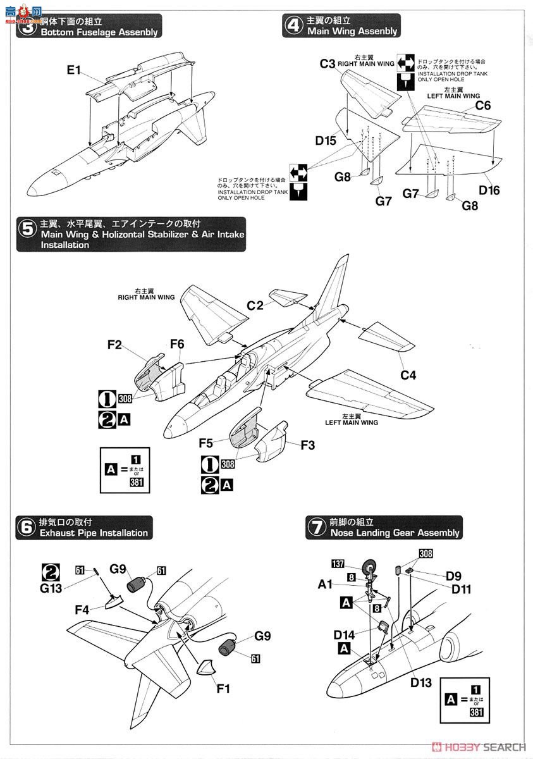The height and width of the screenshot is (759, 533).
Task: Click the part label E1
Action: [x=75, y=70]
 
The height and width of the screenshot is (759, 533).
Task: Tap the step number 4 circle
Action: [x=293, y=25]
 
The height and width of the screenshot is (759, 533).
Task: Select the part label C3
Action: [x=327, y=63]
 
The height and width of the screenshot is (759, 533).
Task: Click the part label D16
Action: [x=489, y=190]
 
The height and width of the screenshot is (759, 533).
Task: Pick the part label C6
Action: [x=482, y=106]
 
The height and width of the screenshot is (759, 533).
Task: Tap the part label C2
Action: [x=255, y=305]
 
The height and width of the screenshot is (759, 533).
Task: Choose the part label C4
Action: [x=408, y=375]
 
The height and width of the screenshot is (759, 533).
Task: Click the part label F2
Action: [x=114, y=345]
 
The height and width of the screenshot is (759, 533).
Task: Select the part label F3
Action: [x=307, y=445]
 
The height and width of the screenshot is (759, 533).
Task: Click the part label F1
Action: [x=223, y=689]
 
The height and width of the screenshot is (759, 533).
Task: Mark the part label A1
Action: [x=326, y=585]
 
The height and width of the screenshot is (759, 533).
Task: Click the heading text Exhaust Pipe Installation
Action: [x=94, y=533]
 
